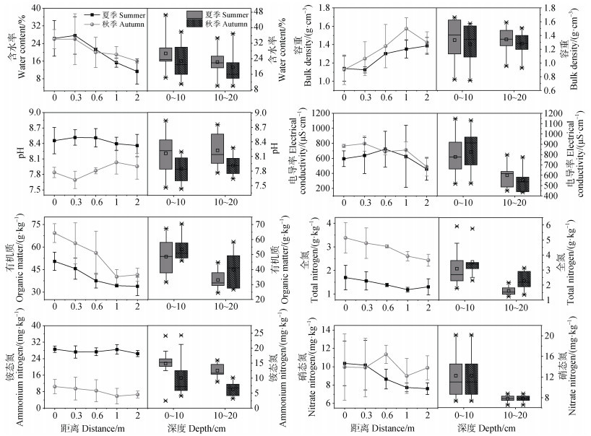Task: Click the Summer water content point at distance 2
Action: [x=137, y=71]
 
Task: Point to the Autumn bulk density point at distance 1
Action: [x=406, y=29]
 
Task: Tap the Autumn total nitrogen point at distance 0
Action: [x=345, y=238]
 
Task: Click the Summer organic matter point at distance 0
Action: [x=55, y=261]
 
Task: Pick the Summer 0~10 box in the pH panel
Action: [x=165, y=154]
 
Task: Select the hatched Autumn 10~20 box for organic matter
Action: [x=233, y=273]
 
